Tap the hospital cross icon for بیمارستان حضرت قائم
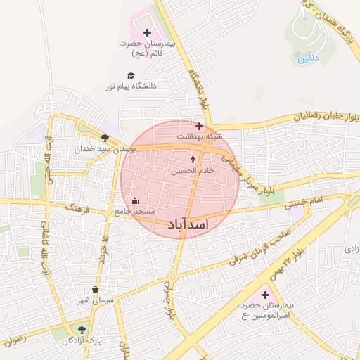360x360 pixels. (x=146, y=32)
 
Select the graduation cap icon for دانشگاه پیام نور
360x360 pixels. (x=130, y=76)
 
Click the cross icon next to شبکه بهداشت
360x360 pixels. (x=199, y=127)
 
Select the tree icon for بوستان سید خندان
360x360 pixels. (x=105, y=139)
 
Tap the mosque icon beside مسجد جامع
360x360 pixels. (x=134, y=202)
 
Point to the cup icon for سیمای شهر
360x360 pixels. (x=96, y=290)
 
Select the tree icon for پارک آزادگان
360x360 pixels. (x=82, y=329)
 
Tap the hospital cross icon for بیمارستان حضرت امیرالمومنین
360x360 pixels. (x=264, y=295)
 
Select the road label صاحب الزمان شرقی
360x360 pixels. (x=261, y=247)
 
